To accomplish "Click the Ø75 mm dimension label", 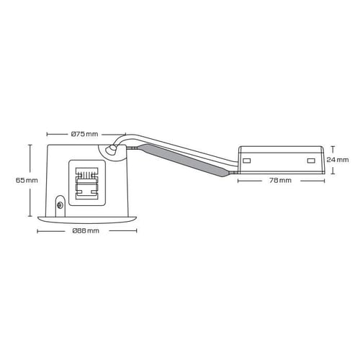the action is pos(85,134).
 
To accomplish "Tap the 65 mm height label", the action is pos(27,180).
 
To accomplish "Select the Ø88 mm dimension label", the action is pos(86,231).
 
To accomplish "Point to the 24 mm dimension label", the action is pos(338,160).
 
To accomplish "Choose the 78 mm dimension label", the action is pos(280,180).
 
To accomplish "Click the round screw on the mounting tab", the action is pos(60,205).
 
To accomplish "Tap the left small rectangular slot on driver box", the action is pos(247,161).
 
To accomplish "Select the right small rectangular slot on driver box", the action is pos(311,161).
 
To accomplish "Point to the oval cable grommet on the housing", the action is pos(112,150).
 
